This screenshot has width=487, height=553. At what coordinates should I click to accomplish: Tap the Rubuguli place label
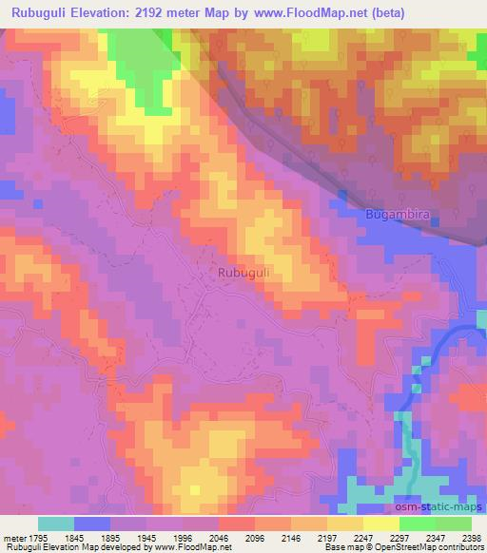tap(244, 273)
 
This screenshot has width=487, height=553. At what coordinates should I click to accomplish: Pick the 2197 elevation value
tap(327, 536)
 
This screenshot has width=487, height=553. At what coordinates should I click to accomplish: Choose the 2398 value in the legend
tap(469, 536)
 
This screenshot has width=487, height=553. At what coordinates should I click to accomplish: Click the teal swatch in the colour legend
tap(56, 524)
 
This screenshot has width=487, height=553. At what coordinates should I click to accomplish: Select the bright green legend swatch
tap(418, 524)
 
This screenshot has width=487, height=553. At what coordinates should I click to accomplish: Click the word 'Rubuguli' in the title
tap(34, 12)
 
